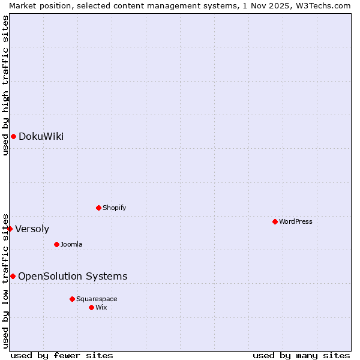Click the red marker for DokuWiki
(x=13, y=136)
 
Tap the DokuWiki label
(x=41, y=137)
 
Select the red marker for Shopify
(x=99, y=208)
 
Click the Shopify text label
(x=114, y=208)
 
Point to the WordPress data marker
(x=275, y=221)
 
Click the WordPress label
(x=295, y=222)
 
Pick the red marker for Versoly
(x=10, y=229)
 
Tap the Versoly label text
(x=32, y=229)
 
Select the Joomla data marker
(x=57, y=244)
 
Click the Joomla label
(x=71, y=245)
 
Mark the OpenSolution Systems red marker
(x=13, y=276)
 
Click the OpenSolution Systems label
(x=73, y=277)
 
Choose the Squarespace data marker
(x=72, y=299)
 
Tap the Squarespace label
(x=97, y=299)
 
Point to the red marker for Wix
(x=91, y=307)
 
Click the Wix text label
(x=101, y=308)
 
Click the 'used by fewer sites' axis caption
(x=62, y=355)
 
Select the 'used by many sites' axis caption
(x=301, y=355)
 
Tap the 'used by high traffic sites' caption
(x=5, y=86)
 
